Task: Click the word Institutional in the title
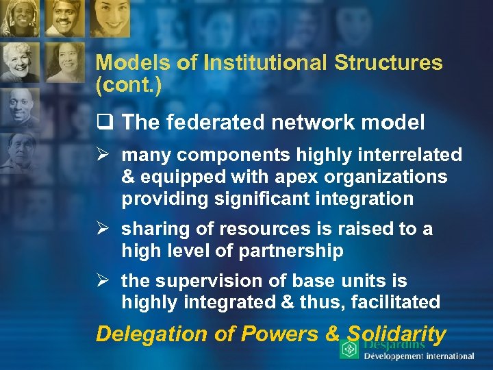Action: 259,63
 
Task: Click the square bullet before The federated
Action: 103,123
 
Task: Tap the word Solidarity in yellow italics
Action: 396,334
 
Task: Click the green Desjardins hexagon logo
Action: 349,350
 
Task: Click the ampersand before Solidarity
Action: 333,334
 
